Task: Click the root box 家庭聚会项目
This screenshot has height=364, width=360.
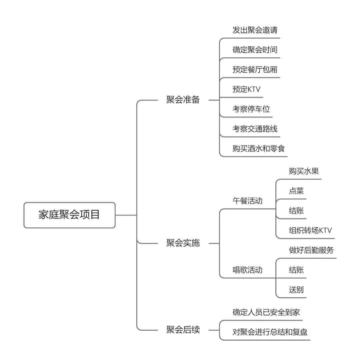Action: coord(69,215)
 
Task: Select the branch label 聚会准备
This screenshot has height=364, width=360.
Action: coord(183,100)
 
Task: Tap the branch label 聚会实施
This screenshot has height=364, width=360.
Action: coord(183,243)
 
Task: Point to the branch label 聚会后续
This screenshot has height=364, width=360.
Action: coord(183,330)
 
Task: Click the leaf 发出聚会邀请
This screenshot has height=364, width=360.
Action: coord(255,30)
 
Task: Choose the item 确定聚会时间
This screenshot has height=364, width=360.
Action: coord(255,50)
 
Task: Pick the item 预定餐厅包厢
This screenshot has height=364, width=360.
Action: coord(255,70)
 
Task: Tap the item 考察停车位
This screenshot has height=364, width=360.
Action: coord(251,109)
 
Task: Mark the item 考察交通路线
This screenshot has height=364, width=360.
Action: coord(255,129)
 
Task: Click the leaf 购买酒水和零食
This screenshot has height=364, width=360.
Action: coord(259,148)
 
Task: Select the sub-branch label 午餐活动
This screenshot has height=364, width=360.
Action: coord(247,201)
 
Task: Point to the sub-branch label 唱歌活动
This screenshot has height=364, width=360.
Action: coord(247,270)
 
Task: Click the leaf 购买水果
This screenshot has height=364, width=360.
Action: coord(304,171)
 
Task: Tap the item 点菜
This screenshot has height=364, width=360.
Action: coord(296,191)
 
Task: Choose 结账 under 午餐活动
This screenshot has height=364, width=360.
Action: coord(296,211)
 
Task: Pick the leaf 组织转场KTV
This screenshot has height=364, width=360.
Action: coord(310,231)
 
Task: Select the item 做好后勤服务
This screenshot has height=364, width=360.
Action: coord(311,250)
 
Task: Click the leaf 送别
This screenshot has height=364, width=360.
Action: coord(296,290)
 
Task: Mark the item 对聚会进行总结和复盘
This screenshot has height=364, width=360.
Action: coord(270,332)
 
